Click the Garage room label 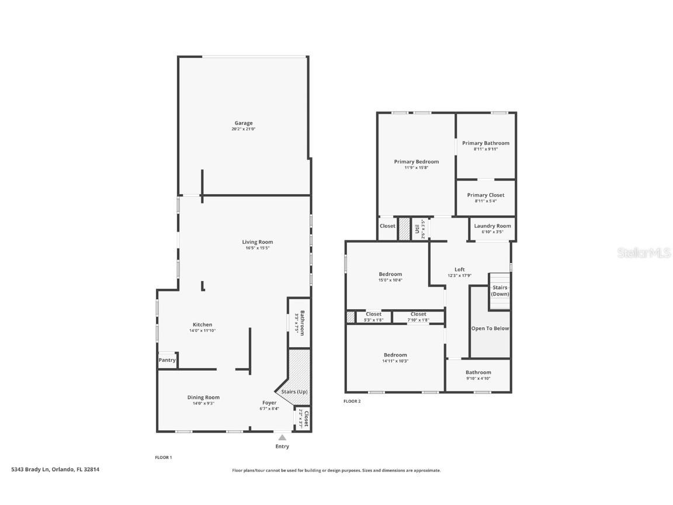pos(244,123)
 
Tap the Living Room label pos(258,242)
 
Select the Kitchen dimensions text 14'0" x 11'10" pos(202,331)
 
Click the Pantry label pos(167,360)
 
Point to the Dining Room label pos(203,397)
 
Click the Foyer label pos(269,403)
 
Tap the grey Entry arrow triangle pos(282,437)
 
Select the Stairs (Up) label pos(294,392)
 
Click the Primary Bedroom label pos(416,162)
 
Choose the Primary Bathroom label pos(485,143)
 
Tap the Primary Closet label pos(485,195)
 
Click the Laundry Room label pos(492,226)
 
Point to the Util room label pos(418,229)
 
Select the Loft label pos(460,269)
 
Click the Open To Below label pos(490,328)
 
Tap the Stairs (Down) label pos(500,290)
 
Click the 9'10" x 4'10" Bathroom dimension pos(478,378)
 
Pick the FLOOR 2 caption pos(352,402)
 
